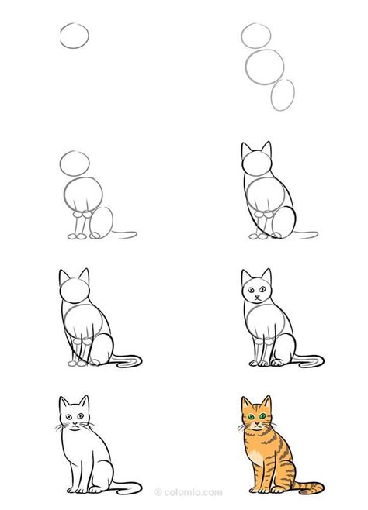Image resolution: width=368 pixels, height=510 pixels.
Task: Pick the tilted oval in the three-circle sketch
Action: tap(283, 94)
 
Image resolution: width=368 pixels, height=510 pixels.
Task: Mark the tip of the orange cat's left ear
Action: tap(242, 398)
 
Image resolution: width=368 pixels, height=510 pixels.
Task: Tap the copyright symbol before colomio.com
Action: tap(158, 491)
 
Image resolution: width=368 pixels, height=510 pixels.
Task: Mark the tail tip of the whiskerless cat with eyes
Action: tap(321, 358)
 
